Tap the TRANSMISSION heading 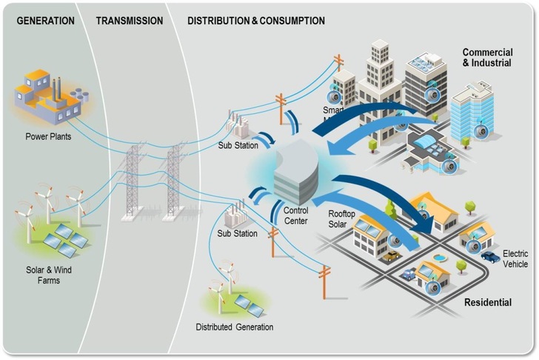(130, 21)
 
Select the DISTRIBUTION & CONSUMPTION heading (256, 21)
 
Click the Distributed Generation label (234, 327)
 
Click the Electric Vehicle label (516, 257)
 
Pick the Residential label (487, 303)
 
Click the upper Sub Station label (237, 145)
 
